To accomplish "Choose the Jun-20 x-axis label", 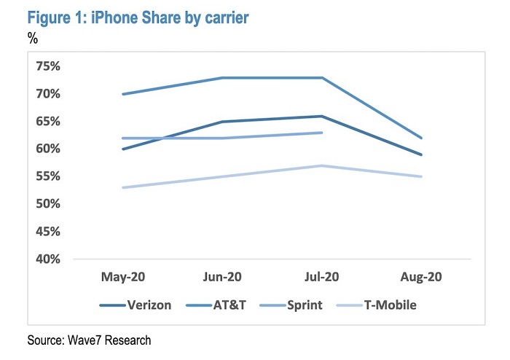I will [222, 278].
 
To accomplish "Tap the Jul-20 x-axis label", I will [322, 278].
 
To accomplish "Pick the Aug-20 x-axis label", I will [421, 278].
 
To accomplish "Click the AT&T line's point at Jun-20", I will [222, 78].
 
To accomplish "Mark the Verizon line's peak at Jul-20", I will [322, 116].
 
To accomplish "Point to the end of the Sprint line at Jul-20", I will [322, 133].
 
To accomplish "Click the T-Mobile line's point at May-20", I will [123, 187].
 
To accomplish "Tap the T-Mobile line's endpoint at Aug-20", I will [421, 176].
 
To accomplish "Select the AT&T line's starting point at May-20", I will [123, 94].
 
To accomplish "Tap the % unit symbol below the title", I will [32, 38].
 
